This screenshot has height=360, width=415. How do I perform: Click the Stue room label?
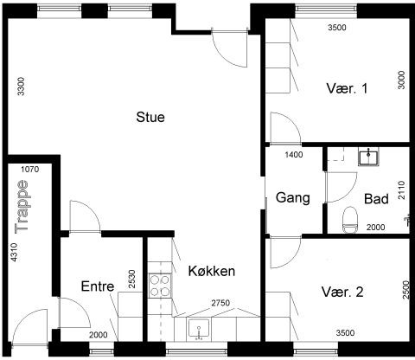(x=150, y=117)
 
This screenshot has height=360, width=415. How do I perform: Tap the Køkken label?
(x=212, y=271)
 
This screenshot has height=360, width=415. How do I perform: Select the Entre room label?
(x=98, y=286)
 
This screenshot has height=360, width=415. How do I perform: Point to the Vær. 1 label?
(x=347, y=88)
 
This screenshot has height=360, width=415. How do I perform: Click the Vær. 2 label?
(x=342, y=292)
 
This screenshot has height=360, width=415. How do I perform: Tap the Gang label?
(x=293, y=198)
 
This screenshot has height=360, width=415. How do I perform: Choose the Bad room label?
(x=376, y=199)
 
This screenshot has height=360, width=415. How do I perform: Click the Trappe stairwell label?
(x=22, y=206)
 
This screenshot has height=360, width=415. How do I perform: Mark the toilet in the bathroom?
(x=350, y=220)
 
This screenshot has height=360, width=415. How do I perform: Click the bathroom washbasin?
(x=368, y=157)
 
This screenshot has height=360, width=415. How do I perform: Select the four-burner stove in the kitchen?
(x=160, y=286)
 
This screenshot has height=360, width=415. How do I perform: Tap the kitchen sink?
(x=199, y=329)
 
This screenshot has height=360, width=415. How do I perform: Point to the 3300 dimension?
(x=21, y=87)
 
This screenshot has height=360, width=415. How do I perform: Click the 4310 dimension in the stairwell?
(x=14, y=253)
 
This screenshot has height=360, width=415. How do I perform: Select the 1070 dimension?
(x=30, y=170)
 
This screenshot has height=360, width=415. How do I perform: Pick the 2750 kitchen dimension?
(x=220, y=303)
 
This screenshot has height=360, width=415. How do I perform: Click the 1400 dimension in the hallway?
(x=294, y=155)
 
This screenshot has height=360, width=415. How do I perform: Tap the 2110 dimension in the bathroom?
(x=401, y=190)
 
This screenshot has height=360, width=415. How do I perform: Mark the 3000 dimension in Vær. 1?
(x=401, y=80)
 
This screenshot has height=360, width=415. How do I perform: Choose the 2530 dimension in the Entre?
(x=132, y=279)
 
